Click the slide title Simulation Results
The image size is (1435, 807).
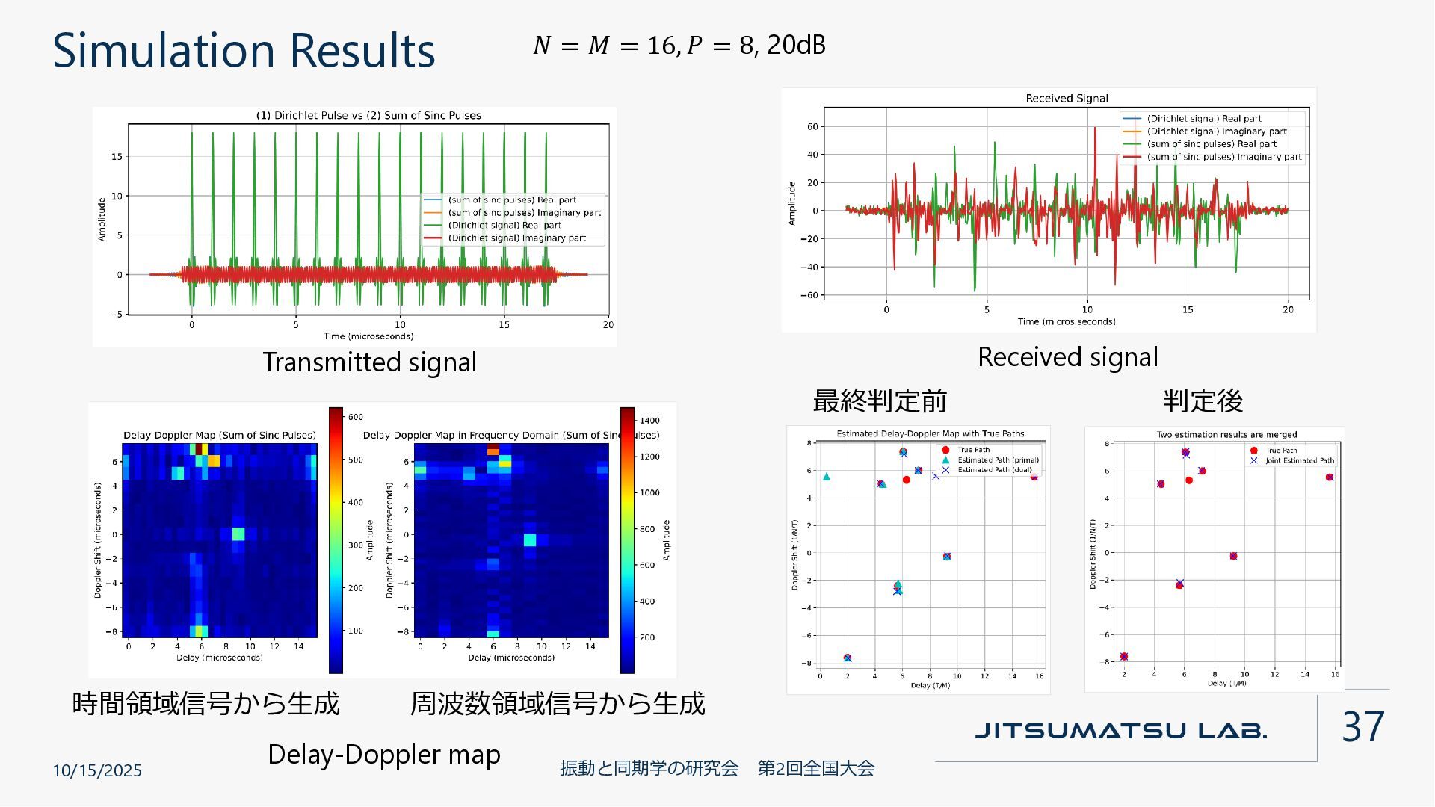coord(244,50)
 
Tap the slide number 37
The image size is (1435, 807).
coord(1363,726)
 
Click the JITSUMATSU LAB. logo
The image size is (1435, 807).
coord(1120,730)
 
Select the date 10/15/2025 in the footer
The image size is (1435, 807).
coord(97,770)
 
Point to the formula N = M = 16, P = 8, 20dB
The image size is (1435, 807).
coord(679,45)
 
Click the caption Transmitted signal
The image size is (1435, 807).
coord(369,362)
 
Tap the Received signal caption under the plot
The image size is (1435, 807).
coord(1067,357)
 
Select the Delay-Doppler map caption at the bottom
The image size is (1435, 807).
coord(384,754)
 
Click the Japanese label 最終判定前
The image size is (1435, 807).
coord(880,401)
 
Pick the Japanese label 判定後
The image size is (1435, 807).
coord(1203,401)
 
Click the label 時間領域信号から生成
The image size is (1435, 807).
coord(206,703)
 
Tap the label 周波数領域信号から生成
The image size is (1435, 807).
coord(557,703)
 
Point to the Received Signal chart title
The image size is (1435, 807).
coord(1067,98)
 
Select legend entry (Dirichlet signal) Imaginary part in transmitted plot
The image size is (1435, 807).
coord(516,238)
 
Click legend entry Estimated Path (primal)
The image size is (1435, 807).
coord(998,460)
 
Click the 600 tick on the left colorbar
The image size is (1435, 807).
coord(355,417)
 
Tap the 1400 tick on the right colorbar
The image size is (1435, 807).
coord(649,420)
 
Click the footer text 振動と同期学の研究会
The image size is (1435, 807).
coord(649,768)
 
